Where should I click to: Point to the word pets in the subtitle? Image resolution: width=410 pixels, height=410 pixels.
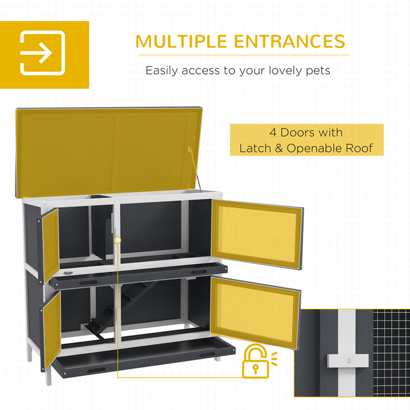coord(317,71)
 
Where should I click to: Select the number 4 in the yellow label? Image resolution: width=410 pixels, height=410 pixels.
coord(273,132)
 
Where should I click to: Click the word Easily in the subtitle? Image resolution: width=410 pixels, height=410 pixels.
coord(161,71)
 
